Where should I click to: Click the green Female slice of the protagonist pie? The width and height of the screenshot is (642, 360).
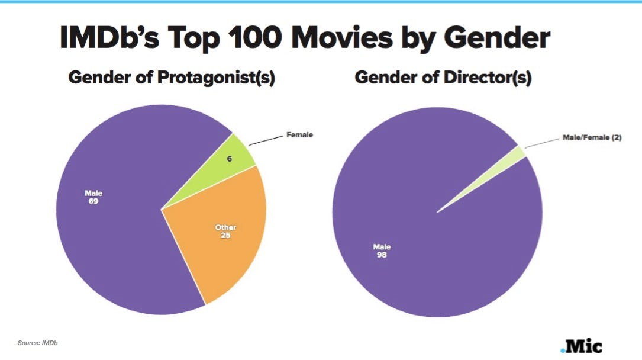tap(237, 156)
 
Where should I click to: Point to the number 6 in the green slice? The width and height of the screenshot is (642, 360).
tap(230, 159)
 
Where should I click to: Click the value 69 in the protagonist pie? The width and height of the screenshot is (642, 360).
tap(93, 201)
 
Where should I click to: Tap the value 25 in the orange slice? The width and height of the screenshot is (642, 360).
tap(225, 235)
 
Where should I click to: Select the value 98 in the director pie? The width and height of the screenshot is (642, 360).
tap(382, 256)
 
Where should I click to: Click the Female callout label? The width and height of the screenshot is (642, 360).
tap(299, 135)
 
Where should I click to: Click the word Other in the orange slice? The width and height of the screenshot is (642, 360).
tap(225, 227)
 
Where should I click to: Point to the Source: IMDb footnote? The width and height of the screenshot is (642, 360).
tap(38, 343)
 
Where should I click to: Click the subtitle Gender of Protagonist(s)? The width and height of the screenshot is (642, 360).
tap(172, 78)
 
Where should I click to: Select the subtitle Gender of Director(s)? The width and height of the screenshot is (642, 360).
tap(443, 78)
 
